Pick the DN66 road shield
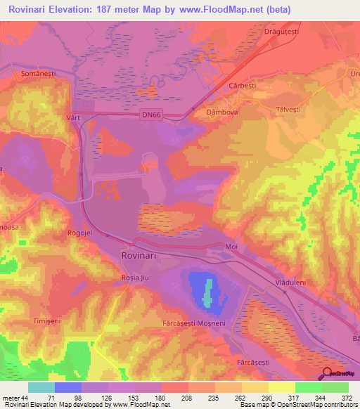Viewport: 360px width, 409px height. pos(165,120)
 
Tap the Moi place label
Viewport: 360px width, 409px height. pos(231,247)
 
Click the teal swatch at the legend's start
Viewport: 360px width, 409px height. pos(41,387)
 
